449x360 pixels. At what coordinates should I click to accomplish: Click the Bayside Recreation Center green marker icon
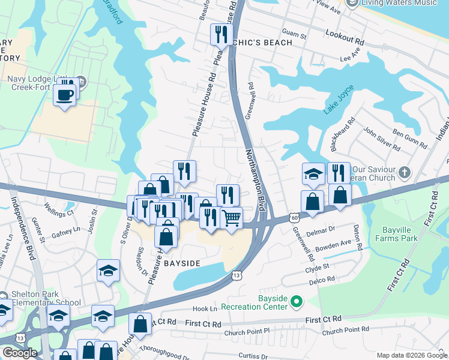point(296,301)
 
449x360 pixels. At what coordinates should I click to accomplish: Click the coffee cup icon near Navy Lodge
point(64,94)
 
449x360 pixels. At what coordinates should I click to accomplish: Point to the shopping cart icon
point(231,217)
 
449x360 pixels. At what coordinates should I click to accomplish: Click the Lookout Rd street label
point(345,38)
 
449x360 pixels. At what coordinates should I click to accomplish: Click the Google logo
point(20,353)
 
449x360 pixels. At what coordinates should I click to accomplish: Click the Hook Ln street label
point(204,308)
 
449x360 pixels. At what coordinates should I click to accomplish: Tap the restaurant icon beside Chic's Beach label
point(221,35)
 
